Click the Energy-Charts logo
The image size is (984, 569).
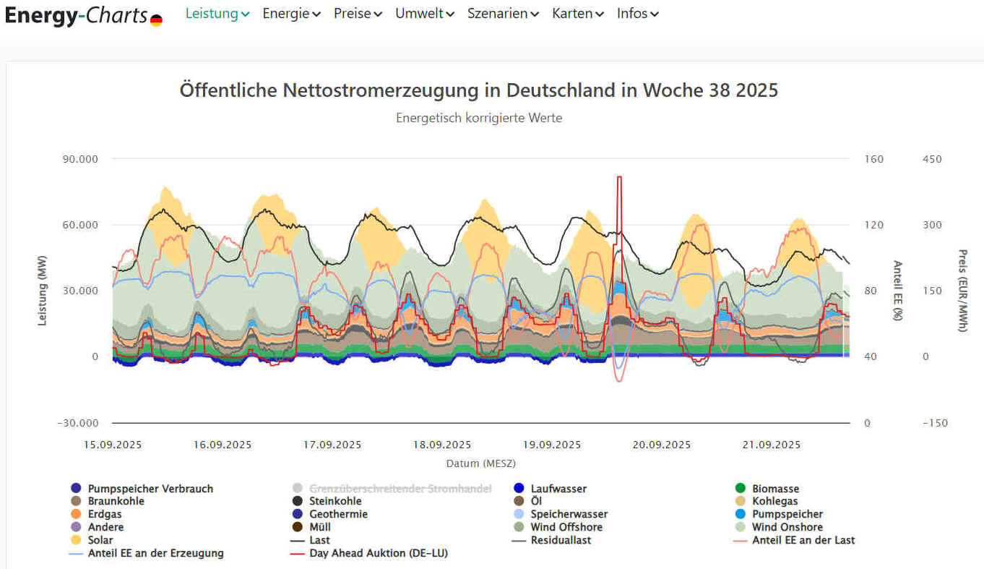pos(76,15)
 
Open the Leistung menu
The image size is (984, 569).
pos(217,14)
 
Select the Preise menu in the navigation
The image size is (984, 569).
pos(358,14)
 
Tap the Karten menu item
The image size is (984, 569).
pos(577,14)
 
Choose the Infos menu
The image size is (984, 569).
pos(637,14)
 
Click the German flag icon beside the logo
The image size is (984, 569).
pos(156,20)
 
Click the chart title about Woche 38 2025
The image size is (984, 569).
pos(478,90)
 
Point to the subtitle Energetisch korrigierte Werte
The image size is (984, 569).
pos(478,118)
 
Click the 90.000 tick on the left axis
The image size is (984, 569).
pos(81,159)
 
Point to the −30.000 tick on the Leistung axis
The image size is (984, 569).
pos(78,423)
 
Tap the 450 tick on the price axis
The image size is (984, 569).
pos(932,159)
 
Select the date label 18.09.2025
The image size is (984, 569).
pos(442,445)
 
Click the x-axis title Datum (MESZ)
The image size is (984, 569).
pos(480,463)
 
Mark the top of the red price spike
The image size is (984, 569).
pos(619,177)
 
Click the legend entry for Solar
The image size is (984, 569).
pos(100,540)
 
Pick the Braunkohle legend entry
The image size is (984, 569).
pos(116,501)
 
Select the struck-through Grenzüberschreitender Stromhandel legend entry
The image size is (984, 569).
pos(400,489)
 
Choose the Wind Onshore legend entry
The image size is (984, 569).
pos(787,527)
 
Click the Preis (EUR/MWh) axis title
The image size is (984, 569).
pos(962,291)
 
